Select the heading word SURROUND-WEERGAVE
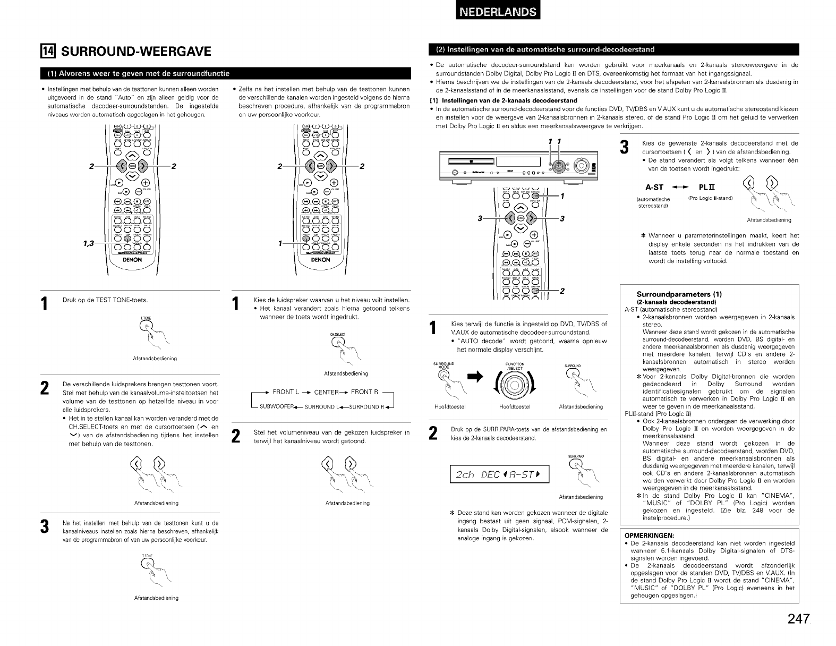coord(137,51)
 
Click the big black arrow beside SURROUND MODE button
coord(475,378)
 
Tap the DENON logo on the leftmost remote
coord(132,260)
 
